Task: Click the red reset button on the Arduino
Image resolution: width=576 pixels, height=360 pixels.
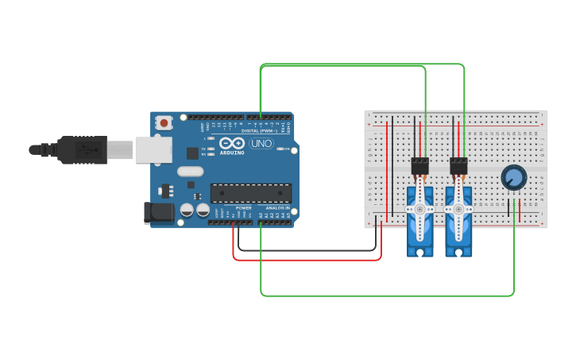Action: click(x=164, y=122)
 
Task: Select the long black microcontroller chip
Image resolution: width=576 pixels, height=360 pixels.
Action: click(x=250, y=193)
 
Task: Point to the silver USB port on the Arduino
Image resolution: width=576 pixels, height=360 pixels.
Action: click(x=148, y=149)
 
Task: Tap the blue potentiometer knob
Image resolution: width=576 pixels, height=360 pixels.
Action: click(x=514, y=178)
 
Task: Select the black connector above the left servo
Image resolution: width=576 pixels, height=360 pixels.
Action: click(x=419, y=165)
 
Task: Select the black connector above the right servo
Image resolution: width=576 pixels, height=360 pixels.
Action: click(x=458, y=165)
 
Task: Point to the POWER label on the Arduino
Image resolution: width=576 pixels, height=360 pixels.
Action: click(x=243, y=207)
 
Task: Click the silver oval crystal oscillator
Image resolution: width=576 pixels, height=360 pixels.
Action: click(x=191, y=171)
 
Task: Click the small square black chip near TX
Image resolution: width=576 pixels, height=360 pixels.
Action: click(x=192, y=153)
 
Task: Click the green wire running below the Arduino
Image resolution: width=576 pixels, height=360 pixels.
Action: click(x=381, y=296)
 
